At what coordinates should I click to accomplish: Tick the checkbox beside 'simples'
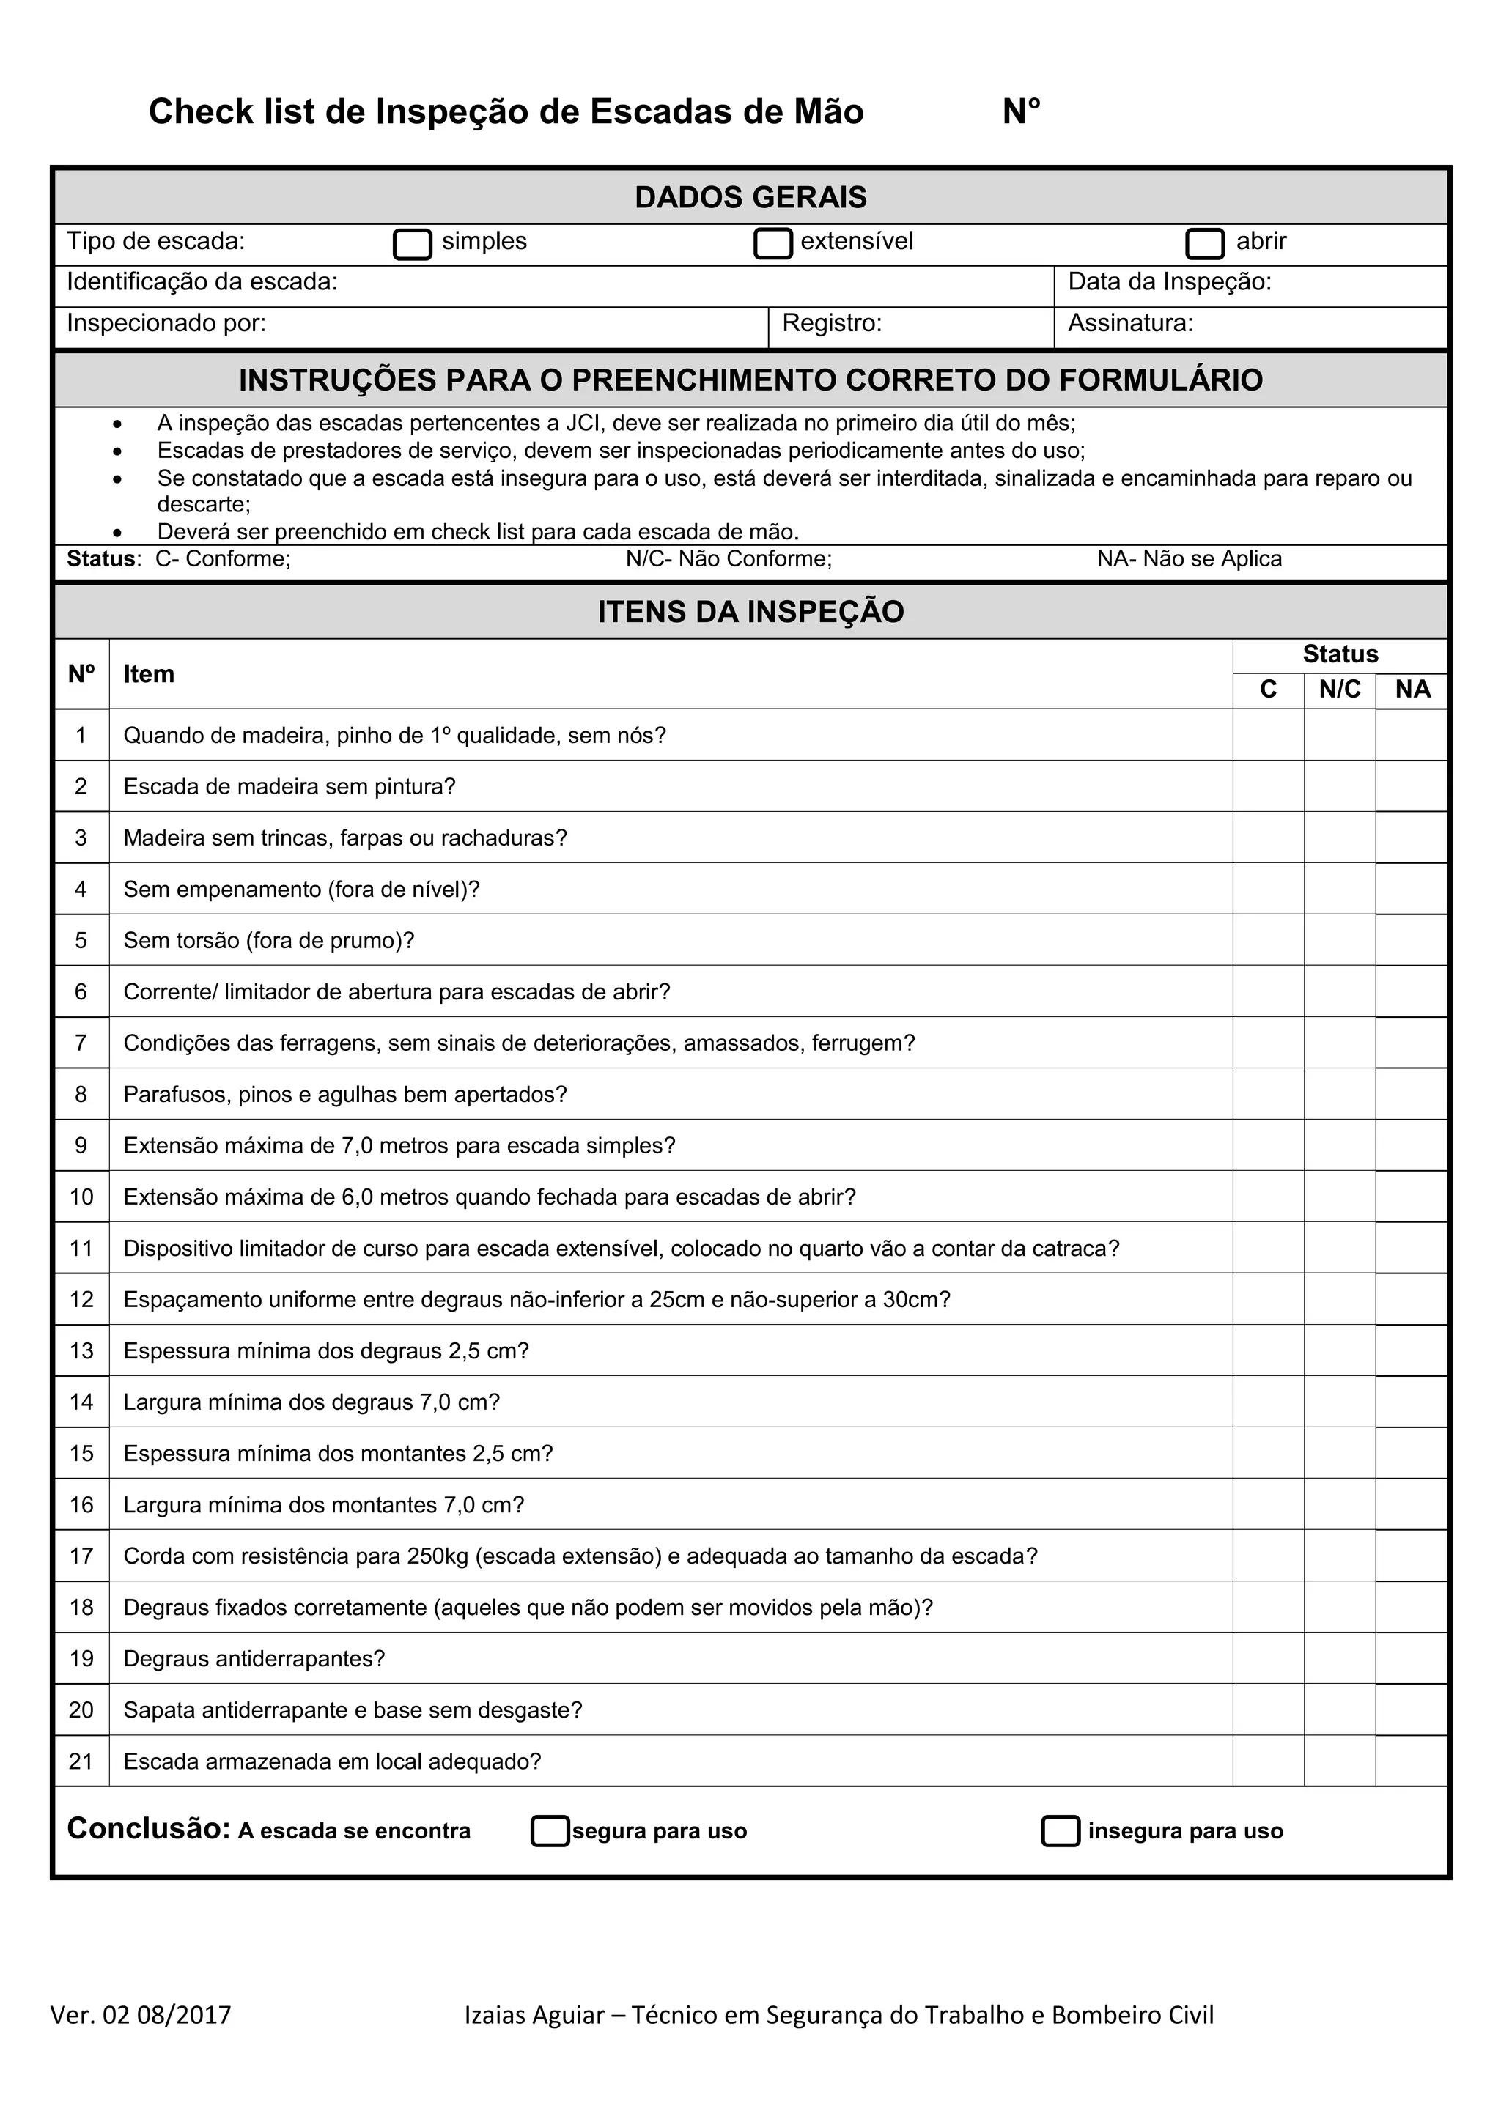tap(412, 244)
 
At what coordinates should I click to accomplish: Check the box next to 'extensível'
tap(772, 243)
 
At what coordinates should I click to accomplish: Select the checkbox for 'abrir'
tap(1204, 243)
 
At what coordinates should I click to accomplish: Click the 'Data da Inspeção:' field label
tap(1169, 282)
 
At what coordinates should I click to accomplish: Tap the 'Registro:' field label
tap(832, 323)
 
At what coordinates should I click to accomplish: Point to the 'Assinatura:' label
tap(1130, 323)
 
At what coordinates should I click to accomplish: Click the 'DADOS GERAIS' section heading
tap(750, 197)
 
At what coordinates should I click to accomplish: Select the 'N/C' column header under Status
tap(1339, 690)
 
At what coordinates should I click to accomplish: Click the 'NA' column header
tap(1412, 690)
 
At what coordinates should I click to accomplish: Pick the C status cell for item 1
tap(1268, 736)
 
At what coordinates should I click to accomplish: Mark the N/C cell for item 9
tap(1339, 1146)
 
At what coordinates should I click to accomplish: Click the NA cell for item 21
tap(1412, 1761)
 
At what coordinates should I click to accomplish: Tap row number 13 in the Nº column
tap(81, 1351)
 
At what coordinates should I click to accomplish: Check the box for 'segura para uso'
tap(550, 1831)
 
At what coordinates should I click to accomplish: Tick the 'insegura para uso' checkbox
tap(1060, 1831)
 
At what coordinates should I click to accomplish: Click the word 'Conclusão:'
tap(148, 1828)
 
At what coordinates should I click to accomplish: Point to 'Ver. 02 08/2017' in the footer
tap(141, 2015)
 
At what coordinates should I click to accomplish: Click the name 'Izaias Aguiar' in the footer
tap(534, 2015)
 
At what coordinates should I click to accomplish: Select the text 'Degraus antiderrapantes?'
tap(254, 1659)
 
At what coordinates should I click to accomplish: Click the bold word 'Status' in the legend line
tap(100, 559)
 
